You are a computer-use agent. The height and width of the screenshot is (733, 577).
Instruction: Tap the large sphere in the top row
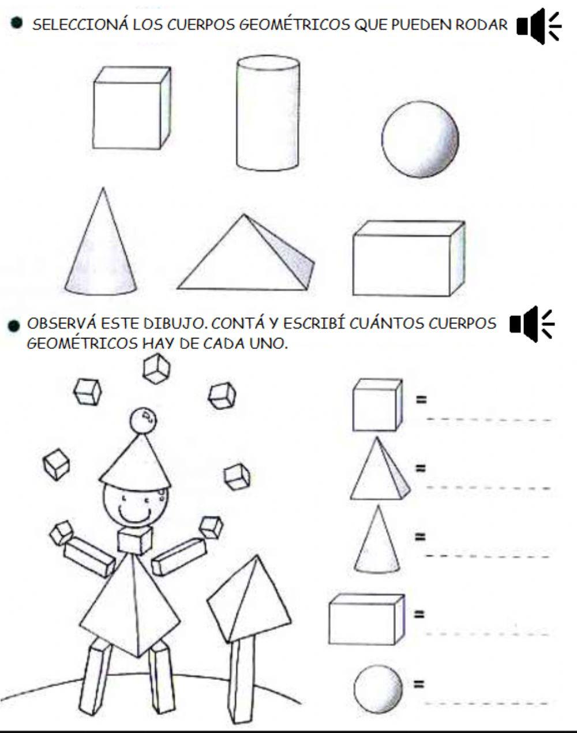420,138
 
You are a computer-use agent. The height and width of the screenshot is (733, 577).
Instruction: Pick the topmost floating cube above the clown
156,369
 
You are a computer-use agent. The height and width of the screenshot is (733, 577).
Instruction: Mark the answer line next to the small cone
488,555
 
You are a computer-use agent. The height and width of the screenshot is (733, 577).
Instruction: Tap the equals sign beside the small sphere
419,684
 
